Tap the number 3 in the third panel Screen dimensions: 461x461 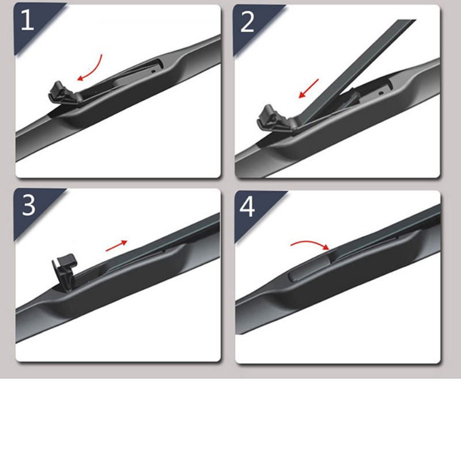[28, 205]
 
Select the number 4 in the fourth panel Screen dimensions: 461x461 [247, 206]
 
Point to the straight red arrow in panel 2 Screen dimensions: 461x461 [308, 88]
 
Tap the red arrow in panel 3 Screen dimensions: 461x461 [116, 246]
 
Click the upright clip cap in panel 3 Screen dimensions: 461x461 [65, 272]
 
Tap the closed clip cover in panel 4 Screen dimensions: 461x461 [309, 268]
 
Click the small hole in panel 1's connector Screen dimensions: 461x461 [153, 71]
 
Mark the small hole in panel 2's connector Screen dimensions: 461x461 [381, 93]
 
